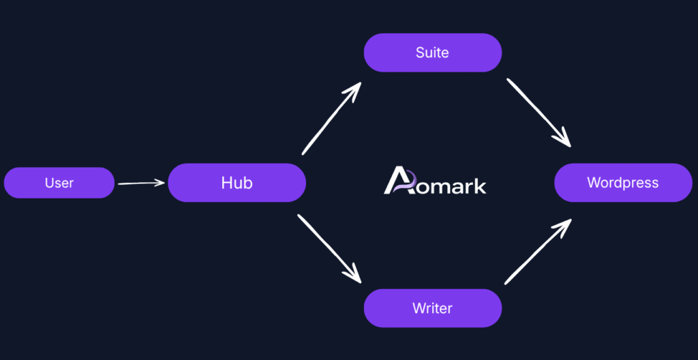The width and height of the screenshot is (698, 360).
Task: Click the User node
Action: (x=59, y=183)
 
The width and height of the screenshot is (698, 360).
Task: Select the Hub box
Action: (x=237, y=183)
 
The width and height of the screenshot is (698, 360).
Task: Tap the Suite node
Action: (x=433, y=52)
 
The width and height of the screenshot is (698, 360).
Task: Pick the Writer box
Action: (x=433, y=308)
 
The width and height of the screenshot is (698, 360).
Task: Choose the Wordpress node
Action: (x=623, y=183)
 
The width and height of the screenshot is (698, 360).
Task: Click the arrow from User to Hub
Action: (x=141, y=183)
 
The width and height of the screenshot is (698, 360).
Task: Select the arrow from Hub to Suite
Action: (x=331, y=119)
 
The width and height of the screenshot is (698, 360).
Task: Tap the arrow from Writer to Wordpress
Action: (x=538, y=252)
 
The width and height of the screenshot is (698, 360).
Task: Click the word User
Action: (x=59, y=183)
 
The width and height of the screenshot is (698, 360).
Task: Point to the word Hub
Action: (x=237, y=183)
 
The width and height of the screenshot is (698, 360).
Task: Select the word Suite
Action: (x=433, y=52)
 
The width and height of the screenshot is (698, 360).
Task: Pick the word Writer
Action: (x=433, y=308)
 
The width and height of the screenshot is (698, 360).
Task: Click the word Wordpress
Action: (x=623, y=183)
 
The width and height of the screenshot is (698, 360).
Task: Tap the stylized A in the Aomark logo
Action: (x=398, y=181)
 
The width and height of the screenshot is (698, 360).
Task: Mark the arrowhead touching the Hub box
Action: (x=161, y=182)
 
